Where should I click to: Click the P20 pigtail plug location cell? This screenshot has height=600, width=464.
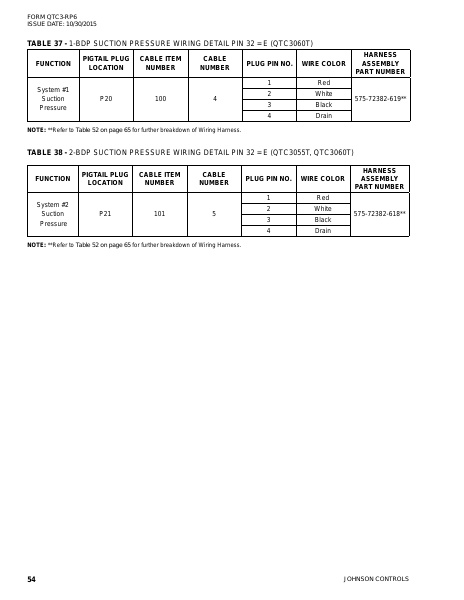pyautogui.click(x=106, y=99)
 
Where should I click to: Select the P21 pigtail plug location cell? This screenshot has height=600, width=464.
pyautogui.click(x=106, y=214)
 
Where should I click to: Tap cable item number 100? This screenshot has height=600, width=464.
pyautogui.click(x=160, y=99)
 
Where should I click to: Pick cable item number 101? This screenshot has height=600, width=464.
pyautogui.click(x=160, y=214)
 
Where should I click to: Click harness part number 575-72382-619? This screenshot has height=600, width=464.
pyautogui.click(x=380, y=99)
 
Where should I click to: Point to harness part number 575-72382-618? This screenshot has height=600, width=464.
pyautogui.click(x=380, y=214)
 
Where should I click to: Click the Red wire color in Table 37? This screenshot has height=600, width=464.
pyautogui.click(x=323, y=82)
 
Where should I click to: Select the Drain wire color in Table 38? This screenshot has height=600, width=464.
pyautogui.click(x=323, y=231)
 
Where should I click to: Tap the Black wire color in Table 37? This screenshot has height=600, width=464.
pyautogui.click(x=323, y=105)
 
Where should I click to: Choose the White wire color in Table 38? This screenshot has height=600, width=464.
pyautogui.click(x=323, y=208)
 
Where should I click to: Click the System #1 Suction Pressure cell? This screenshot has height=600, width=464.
pyautogui.click(x=53, y=99)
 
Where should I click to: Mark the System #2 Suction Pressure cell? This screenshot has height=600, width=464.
pyautogui.click(x=53, y=214)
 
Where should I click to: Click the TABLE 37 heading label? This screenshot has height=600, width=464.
pyautogui.click(x=45, y=44)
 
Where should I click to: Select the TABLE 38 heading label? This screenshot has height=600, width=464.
pyautogui.click(x=45, y=159)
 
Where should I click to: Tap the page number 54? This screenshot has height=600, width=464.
pyautogui.click(x=32, y=579)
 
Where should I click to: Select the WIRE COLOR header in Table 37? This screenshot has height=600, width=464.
pyautogui.click(x=323, y=63)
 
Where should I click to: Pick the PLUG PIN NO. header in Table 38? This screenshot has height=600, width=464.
pyautogui.click(x=269, y=179)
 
